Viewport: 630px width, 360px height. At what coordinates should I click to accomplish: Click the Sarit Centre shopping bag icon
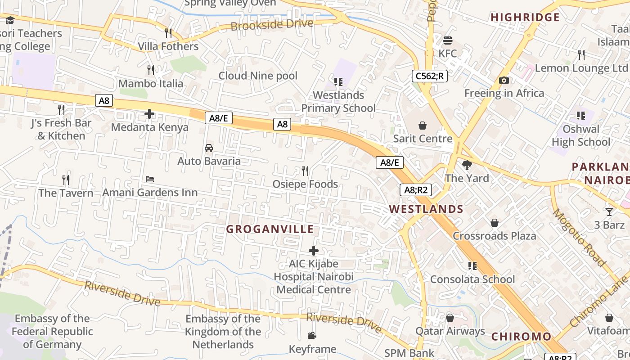pyautogui.click(x=423, y=125)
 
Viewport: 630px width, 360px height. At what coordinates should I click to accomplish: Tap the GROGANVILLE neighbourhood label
pyautogui.click(x=270, y=229)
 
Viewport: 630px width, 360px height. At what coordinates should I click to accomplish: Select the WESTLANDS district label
pyautogui.click(x=426, y=209)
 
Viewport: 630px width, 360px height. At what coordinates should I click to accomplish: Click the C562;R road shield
pyautogui.click(x=430, y=76)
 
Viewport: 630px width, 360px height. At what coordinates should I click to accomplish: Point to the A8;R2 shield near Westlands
pyautogui.click(x=415, y=190)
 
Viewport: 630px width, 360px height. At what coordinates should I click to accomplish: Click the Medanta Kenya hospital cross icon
pyautogui.click(x=149, y=114)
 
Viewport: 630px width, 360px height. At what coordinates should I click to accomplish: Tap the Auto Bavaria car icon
pyautogui.click(x=209, y=148)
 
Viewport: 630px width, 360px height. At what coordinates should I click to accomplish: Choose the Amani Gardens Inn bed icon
pyautogui.click(x=150, y=179)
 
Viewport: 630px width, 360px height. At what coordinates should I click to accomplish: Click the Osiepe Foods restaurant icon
pyautogui.click(x=305, y=171)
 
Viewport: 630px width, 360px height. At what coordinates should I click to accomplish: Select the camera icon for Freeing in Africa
pyautogui.click(x=504, y=80)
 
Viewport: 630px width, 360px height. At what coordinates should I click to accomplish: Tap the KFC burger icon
pyautogui.click(x=447, y=40)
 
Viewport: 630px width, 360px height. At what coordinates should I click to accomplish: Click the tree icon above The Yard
pyautogui.click(x=467, y=165)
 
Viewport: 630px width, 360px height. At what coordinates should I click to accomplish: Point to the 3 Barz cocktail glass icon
pyautogui.click(x=609, y=211)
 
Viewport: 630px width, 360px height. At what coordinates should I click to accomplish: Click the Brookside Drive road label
pyautogui.click(x=272, y=24)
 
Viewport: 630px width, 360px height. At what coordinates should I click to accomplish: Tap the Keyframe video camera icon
pyautogui.click(x=312, y=335)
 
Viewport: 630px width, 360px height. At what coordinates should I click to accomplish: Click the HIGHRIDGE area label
pyautogui.click(x=525, y=18)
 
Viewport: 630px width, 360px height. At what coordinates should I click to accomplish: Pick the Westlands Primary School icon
pyautogui.click(x=338, y=81)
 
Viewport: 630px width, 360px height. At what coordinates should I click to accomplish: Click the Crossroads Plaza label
pyautogui.click(x=494, y=236)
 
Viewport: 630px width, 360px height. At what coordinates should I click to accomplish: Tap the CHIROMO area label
pyautogui.click(x=521, y=337)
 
